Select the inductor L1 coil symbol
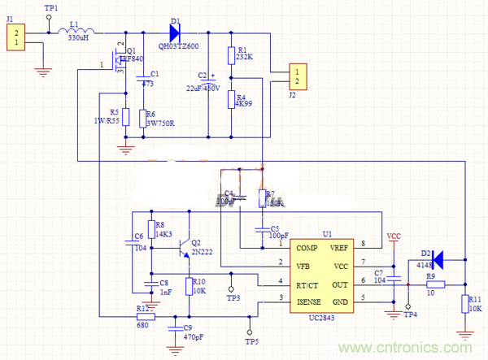tap(79, 32)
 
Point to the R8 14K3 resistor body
tap(150, 229)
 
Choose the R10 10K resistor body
tap(189, 285)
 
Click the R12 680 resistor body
tap(146, 317)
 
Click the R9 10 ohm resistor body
tap(431, 284)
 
